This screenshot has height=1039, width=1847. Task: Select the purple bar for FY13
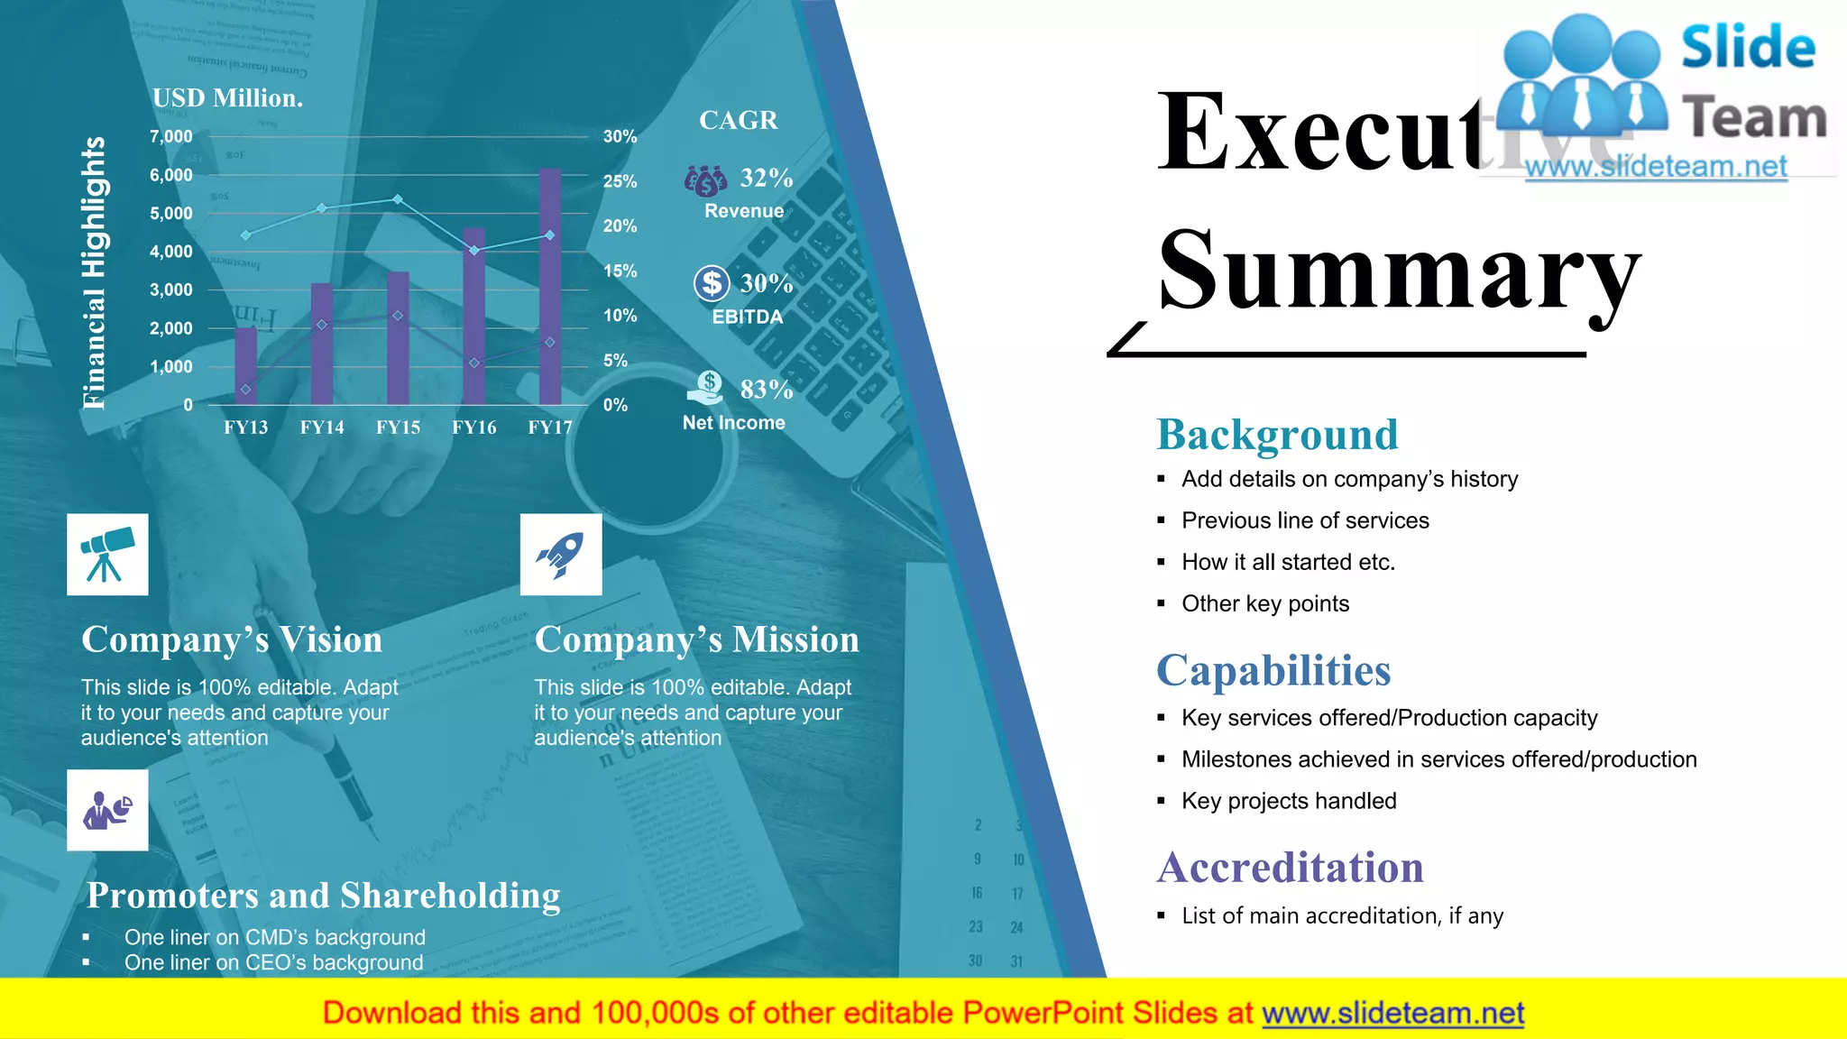[x=246, y=366]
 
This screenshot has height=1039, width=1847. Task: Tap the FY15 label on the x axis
[x=398, y=428]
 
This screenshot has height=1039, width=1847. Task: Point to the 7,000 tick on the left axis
[x=171, y=136]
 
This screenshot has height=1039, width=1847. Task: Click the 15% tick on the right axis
[x=620, y=271]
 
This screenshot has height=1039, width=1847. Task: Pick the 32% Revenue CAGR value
[x=767, y=178]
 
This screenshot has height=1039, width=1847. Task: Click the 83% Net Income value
[x=767, y=389]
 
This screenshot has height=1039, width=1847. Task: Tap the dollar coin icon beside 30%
[x=712, y=283]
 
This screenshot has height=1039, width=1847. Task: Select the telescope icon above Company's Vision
[x=107, y=555]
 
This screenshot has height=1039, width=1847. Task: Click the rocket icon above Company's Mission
[x=561, y=555]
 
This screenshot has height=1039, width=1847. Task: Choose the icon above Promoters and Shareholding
[x=107, y=810]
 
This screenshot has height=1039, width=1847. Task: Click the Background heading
[x=1277, y=435]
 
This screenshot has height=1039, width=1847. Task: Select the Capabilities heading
[x=1273, y=670]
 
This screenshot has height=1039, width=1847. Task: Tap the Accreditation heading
[x=1290, y=868]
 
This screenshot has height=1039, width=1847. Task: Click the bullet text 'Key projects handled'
[x=1289, y=801]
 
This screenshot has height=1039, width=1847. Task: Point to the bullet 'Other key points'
[x=1265, y=603]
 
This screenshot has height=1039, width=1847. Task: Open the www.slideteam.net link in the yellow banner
[x=1392, y=1013]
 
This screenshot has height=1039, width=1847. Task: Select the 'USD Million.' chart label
[x=227, y=98]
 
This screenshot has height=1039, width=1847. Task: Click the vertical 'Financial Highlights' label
[x=94, y=272]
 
